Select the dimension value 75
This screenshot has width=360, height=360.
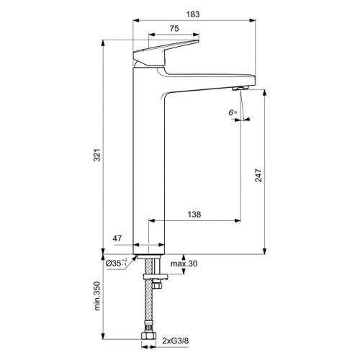174,29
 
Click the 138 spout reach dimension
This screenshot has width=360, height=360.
194,215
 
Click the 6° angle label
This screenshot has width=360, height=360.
232,112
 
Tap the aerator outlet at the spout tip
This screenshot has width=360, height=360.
239,87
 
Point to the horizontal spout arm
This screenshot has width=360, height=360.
209,77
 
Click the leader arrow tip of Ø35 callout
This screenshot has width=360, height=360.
135,256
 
